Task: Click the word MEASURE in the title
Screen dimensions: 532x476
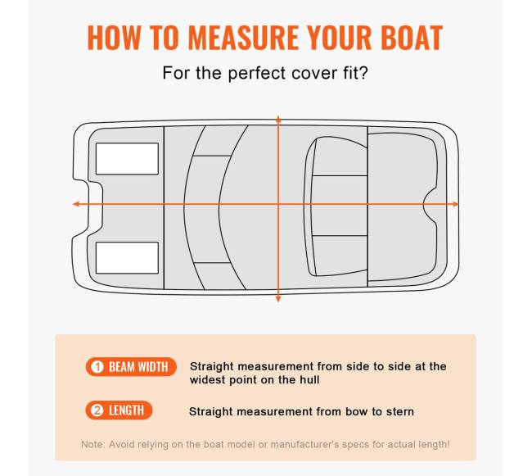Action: point(243,38)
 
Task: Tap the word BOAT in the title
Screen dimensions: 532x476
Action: point(412,38)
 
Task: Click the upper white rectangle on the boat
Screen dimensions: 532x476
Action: point(127,159)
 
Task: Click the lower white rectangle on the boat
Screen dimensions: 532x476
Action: point(127,258)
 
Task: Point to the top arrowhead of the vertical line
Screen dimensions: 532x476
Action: point(278,119)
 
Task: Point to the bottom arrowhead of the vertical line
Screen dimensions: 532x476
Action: point(278,299)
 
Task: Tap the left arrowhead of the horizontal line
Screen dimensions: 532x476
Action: point(76,204)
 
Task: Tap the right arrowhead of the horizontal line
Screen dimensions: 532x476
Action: point(455,204)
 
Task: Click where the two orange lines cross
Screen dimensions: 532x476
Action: point(278,204)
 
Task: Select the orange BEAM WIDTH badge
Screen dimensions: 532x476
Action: point(131,367)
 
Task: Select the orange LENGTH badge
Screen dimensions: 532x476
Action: point(119,410)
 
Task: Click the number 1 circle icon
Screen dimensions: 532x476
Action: point(97,367)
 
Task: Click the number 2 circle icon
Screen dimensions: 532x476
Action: point(97,410)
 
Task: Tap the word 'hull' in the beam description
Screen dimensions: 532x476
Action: point(309,379)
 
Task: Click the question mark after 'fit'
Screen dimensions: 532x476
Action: point(363,73)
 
